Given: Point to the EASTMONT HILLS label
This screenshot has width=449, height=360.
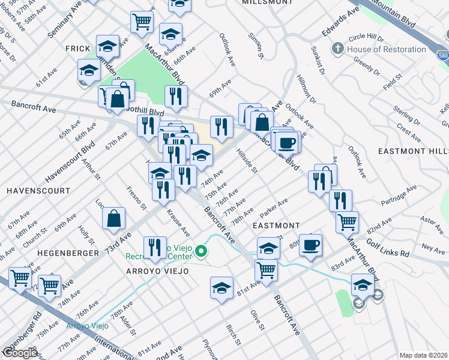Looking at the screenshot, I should click(413, 151).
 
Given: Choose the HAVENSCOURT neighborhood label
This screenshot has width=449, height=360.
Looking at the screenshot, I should click(31, 190).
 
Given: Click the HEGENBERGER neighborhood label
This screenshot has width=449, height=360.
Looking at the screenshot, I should click(68, 253).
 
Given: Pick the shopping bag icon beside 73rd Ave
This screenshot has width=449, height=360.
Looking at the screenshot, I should click(113, 220).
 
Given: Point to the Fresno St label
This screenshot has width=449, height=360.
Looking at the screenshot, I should click(137, 199).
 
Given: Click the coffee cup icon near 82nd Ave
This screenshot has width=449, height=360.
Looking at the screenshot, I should click(310, 245).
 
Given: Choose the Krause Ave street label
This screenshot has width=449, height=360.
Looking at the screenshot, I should click(178, 222).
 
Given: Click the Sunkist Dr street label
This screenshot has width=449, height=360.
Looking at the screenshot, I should click(318, 57).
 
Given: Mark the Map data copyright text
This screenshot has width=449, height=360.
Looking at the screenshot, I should click(424, 355).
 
